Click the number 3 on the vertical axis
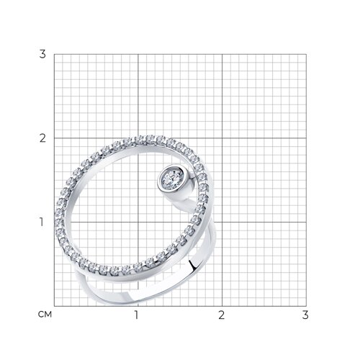[x=42, y=54]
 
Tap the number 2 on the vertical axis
[x=42, y=138]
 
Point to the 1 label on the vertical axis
[x=42, y=222]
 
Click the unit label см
[x=45, y=315]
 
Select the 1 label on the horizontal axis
[x=137, y=315]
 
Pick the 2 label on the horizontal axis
[x=222, y=315]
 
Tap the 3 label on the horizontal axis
[x=305, y=315]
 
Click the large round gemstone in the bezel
[x=172, y=179]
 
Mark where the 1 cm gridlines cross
[x=138, y=222]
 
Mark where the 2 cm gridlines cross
[x=222, y=138]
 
